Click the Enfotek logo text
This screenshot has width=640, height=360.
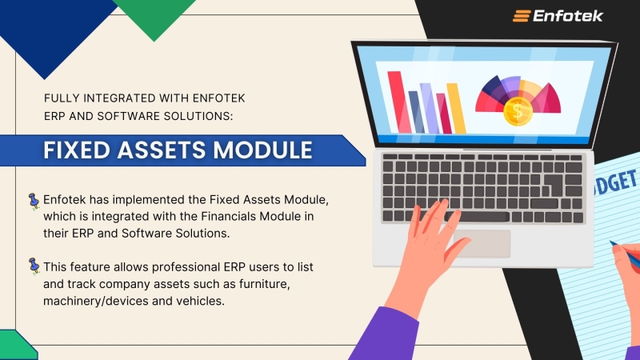coord(569,15)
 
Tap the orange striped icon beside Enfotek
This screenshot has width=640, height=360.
coord(522,15)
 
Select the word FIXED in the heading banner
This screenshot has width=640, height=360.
coord(75,150)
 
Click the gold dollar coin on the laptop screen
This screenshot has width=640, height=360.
coord(518,112)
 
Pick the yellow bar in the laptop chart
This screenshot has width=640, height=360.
coord(456,108)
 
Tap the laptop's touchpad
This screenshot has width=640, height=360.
coord(482,243)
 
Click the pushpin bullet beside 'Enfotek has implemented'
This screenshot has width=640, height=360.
coord(34,200)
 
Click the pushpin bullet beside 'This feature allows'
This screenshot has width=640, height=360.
coord(34,264)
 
